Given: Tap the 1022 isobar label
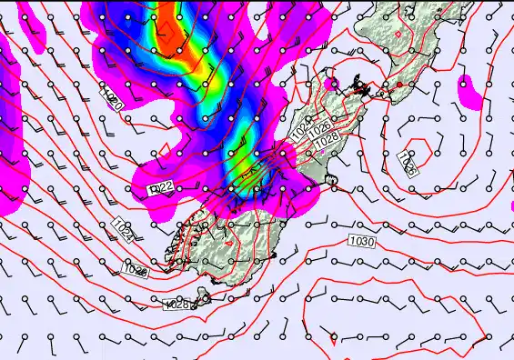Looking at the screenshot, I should pyautogui.click(x=161, y=187).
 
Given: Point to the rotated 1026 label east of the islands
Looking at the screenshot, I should pyautogui.click(x=407, y=164).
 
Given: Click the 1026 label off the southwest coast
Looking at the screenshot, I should pyautogui.click(x=136, y=269).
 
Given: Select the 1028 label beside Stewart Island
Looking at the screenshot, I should pyautogui.click(x=176, y=305).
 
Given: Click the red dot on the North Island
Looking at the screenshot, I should pyautogui.click(x=398, y=85).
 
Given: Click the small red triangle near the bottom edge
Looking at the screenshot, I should pyautogui.click(x=334, y=339).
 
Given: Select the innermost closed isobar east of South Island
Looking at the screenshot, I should pyautogui.click(x=418, y=148).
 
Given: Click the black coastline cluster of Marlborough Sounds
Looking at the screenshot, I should pyautogui.click(x=362, y=88).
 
